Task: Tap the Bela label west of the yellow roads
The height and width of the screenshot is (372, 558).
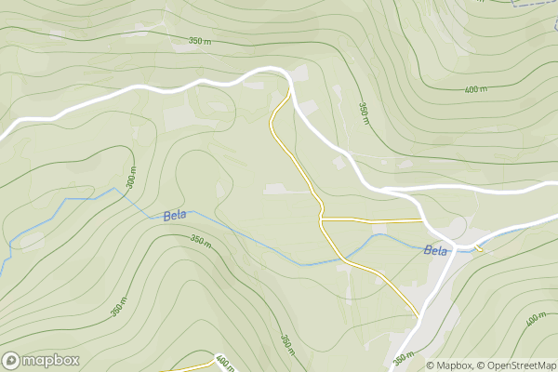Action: pyautogui.click(x=174, y=216)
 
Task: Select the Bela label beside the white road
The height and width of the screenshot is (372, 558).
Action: pyautogui.click(x=435, y=250)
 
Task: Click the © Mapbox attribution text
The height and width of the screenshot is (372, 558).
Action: pyautogui.click(x=449, y=365)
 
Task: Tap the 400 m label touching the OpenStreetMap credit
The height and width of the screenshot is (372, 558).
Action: pyautogui.click(x=536, y=321)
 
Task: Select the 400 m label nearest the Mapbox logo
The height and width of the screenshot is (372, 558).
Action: pyautogui.click(x=222, y=361)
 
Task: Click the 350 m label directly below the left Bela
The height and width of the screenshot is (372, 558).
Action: pyautogui.click(x=201, y=240)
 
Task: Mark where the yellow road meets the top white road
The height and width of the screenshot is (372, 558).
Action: pyautogui.click(x=288, y=92)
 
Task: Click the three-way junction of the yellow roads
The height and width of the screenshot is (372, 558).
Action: pyautogui.click(x=321, y=219)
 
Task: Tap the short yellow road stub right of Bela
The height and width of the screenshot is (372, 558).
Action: pyautogui.click(x=479, y=248)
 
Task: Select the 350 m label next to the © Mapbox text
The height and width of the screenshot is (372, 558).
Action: pyautogui.click(x=402, y=358)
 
